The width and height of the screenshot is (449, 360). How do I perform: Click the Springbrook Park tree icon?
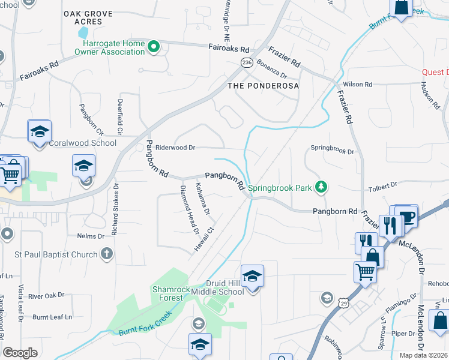point(322,188)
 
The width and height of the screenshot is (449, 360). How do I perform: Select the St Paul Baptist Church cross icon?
point(107,254)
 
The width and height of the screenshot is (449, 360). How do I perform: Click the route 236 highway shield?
point(246,62)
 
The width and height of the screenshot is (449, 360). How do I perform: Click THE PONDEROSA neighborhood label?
point(263,86)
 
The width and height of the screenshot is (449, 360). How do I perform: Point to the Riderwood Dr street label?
point(175,148)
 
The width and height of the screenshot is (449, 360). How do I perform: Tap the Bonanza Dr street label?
point(272,62)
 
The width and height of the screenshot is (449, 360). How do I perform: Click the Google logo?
point(20,353)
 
